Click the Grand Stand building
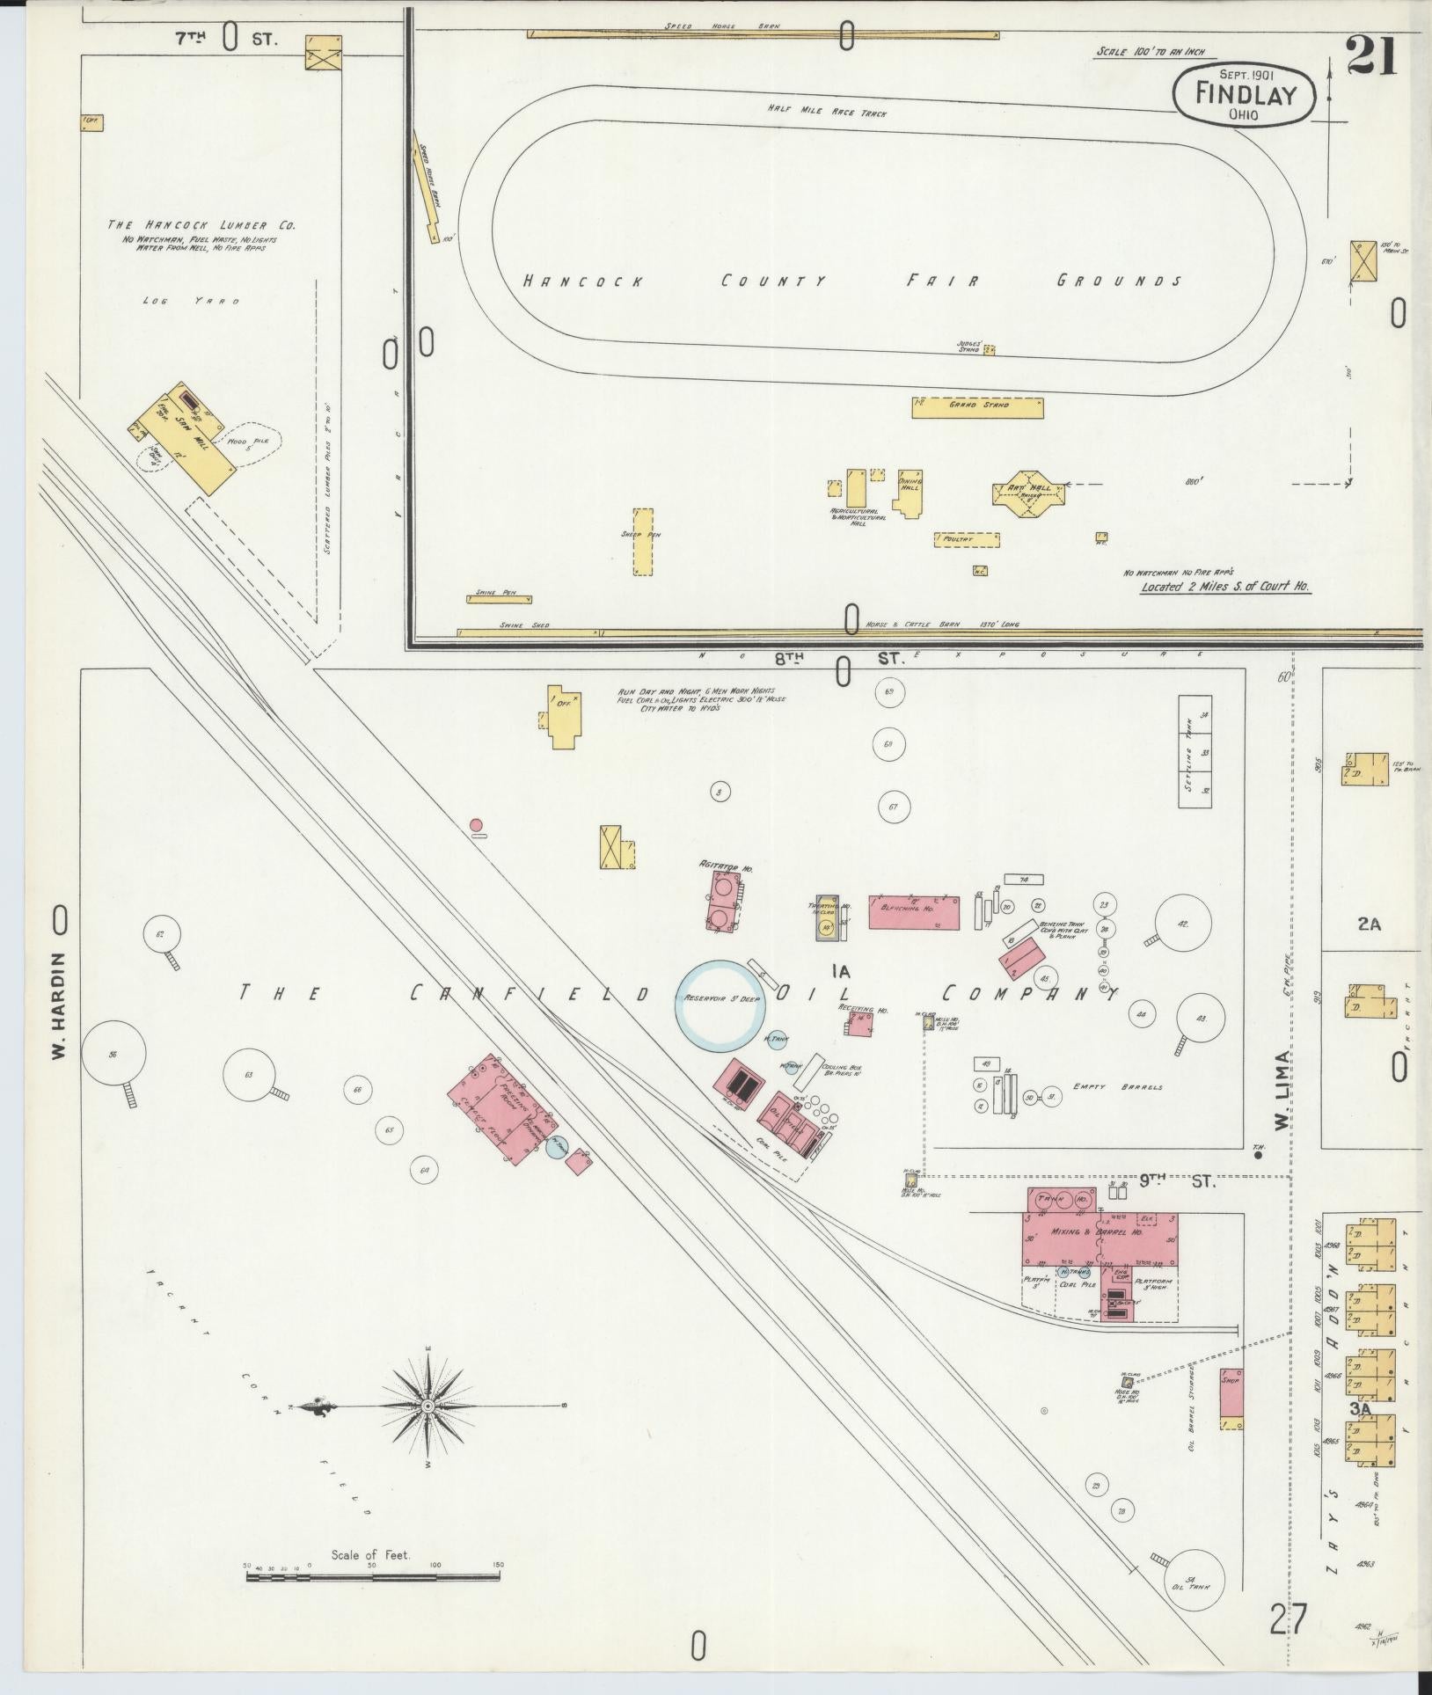pos(977,407)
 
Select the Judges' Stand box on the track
pos(989,349)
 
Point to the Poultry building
pos(968,538)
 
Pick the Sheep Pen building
pos(643,541)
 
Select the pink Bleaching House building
pos(914,912)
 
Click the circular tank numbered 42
pos(1181,924)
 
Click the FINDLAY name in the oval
pos(1246,92)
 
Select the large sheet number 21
pos(1371,57)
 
